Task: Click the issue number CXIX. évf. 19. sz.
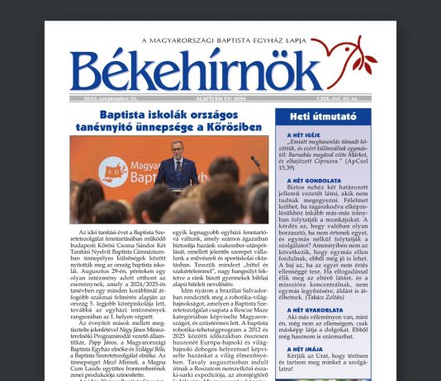click(324, 97)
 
